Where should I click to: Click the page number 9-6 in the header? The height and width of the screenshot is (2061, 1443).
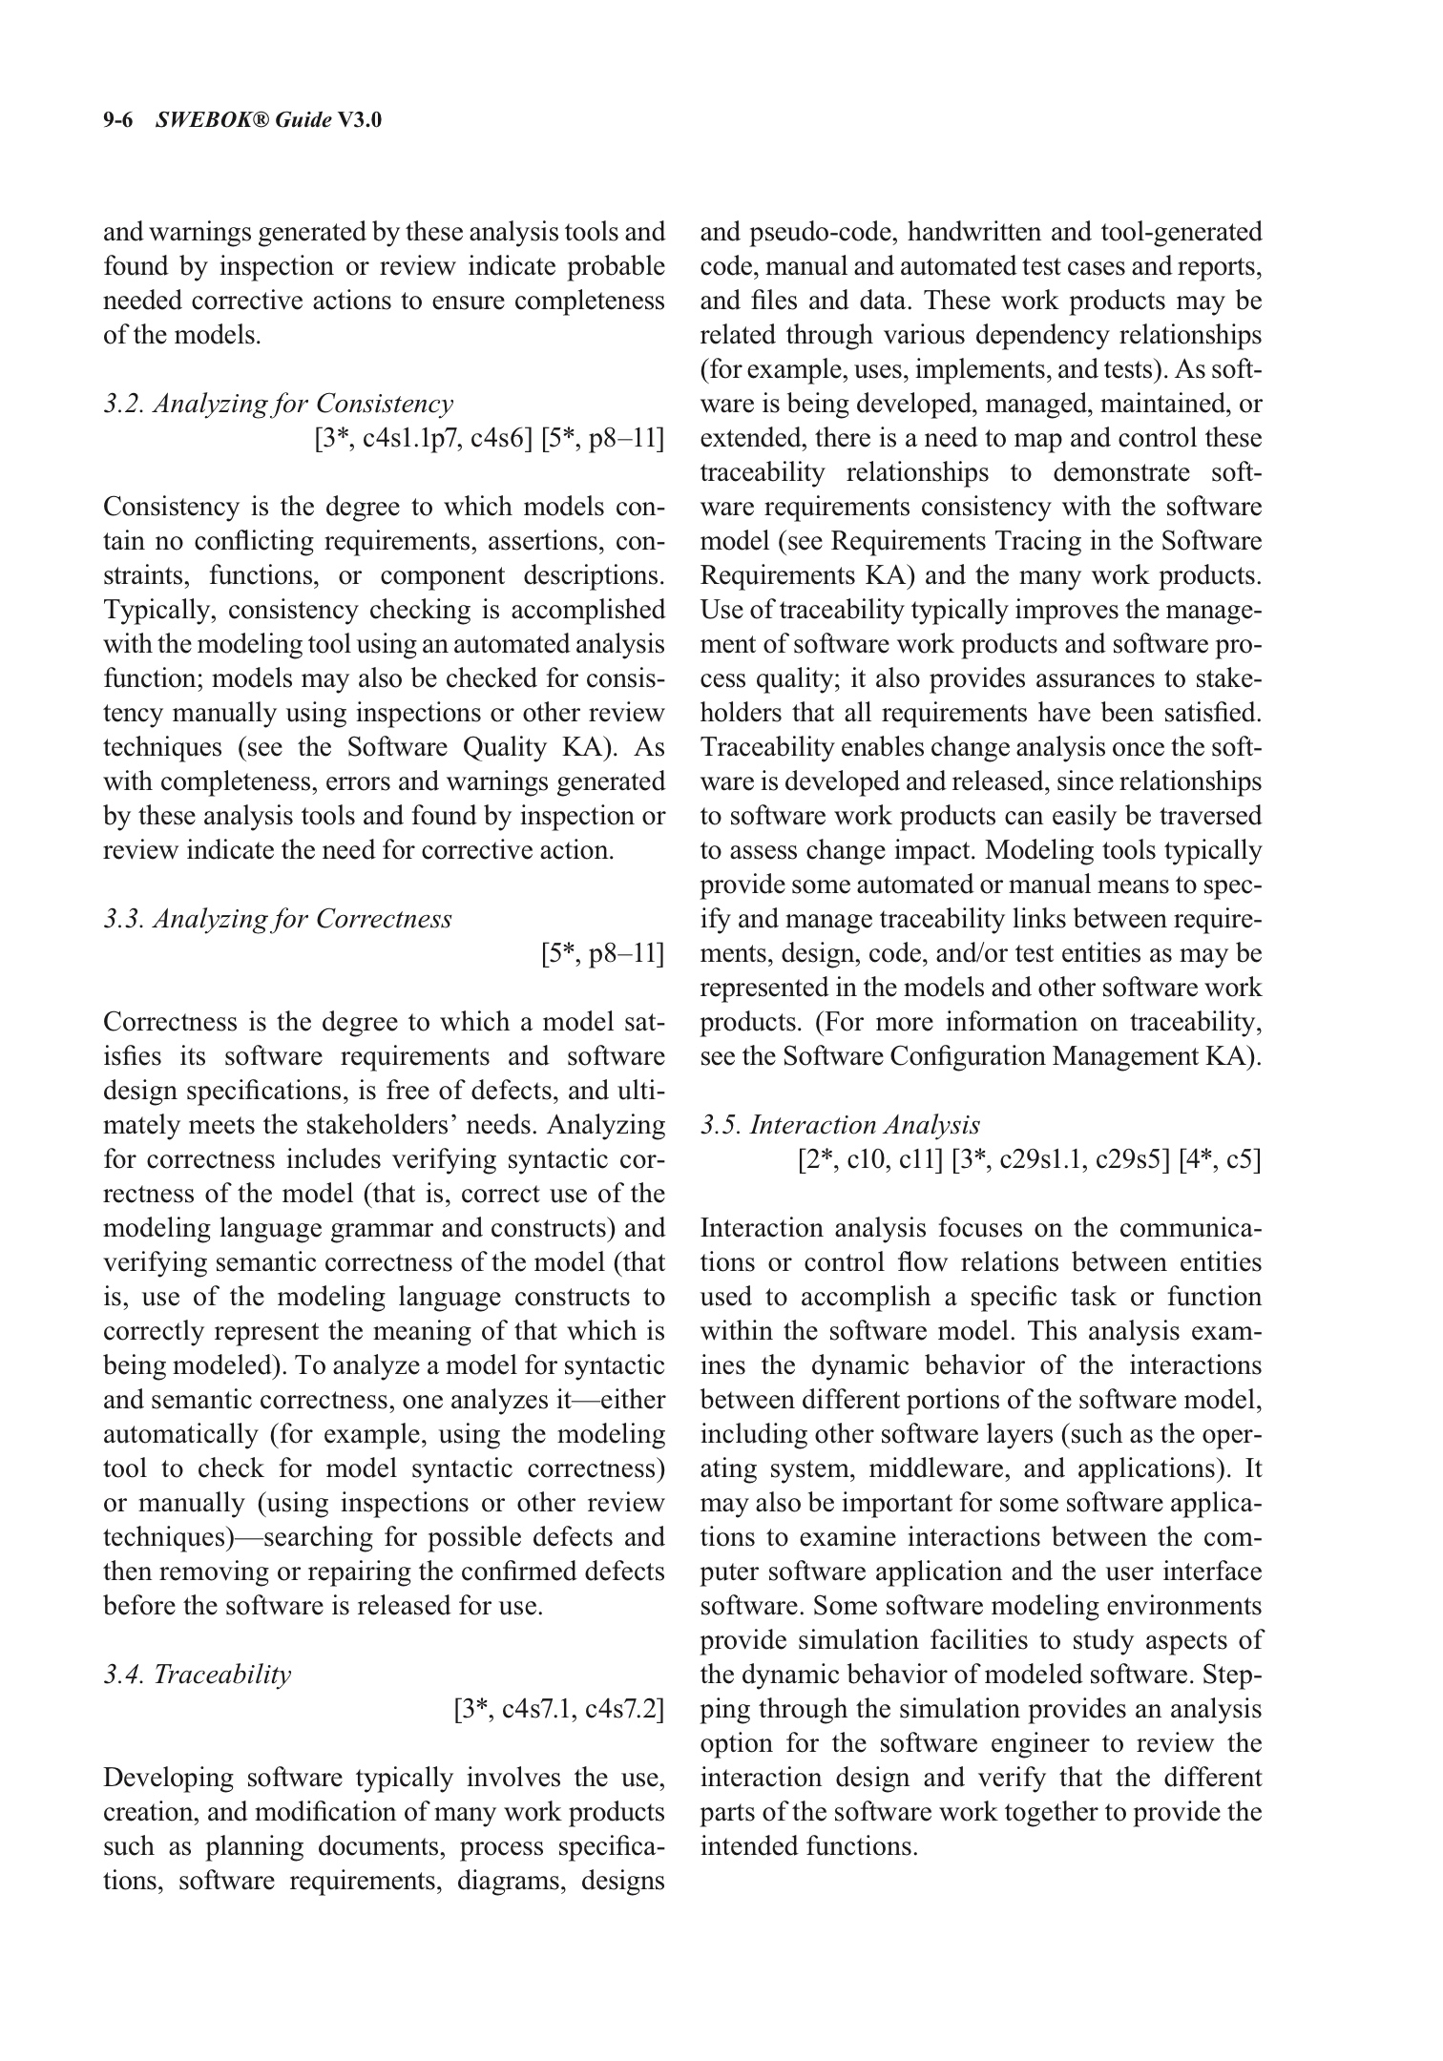tap(121, 120)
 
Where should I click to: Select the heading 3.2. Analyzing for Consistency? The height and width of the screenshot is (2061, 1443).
tap(278, 404)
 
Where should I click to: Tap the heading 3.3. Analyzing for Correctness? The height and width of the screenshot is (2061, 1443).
tap(277, 919)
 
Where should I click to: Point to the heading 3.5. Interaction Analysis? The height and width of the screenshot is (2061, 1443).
tap(840, 1125)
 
